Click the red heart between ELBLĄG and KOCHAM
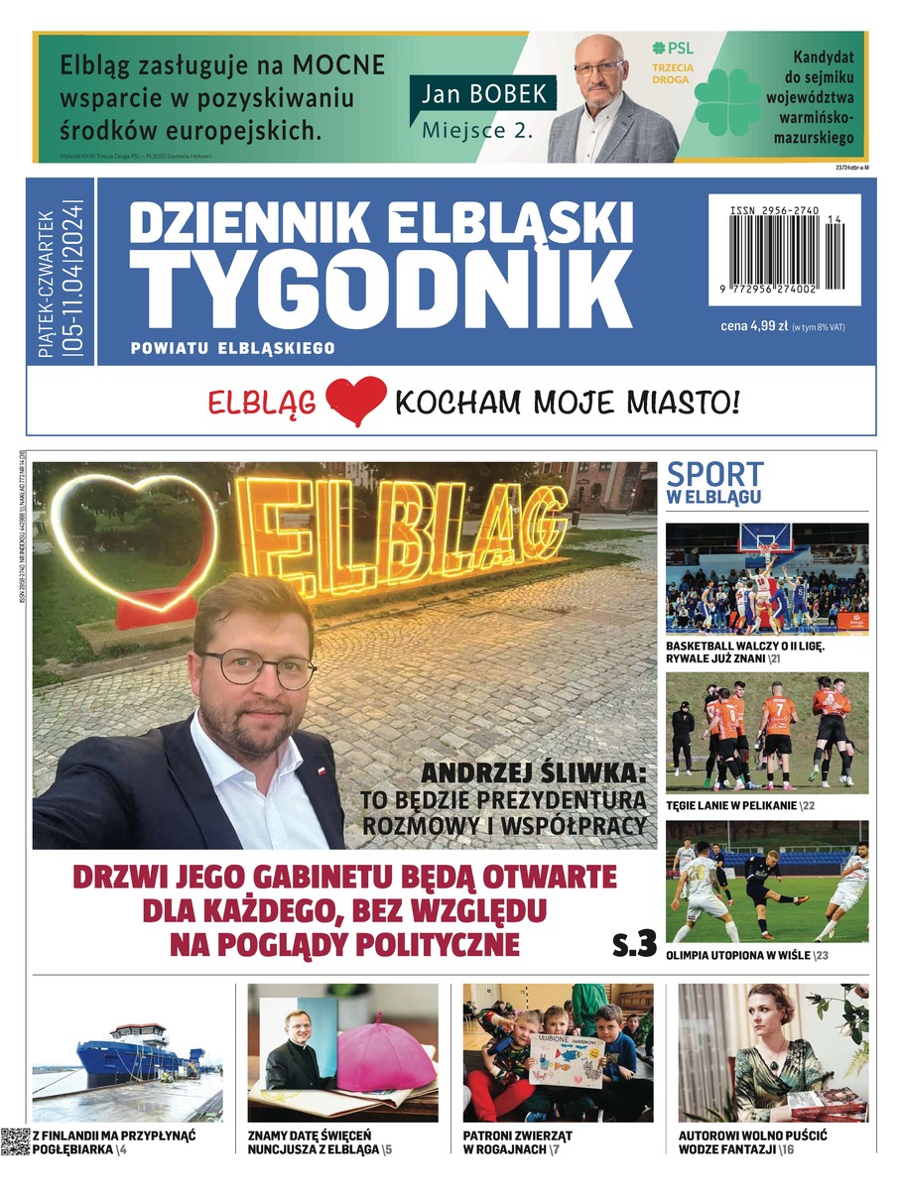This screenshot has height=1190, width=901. pos(354,401)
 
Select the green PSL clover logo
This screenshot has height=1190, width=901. pos(727,102)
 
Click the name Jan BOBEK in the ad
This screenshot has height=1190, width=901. pos(482,95)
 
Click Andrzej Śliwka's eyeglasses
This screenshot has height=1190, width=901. pos(257,668)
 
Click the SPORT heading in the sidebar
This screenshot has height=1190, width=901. pos(714,474)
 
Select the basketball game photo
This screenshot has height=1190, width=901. pos(766,578)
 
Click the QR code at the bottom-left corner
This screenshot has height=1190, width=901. pos(15,1142)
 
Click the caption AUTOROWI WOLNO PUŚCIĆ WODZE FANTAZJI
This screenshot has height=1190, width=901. pos(752,1141)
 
